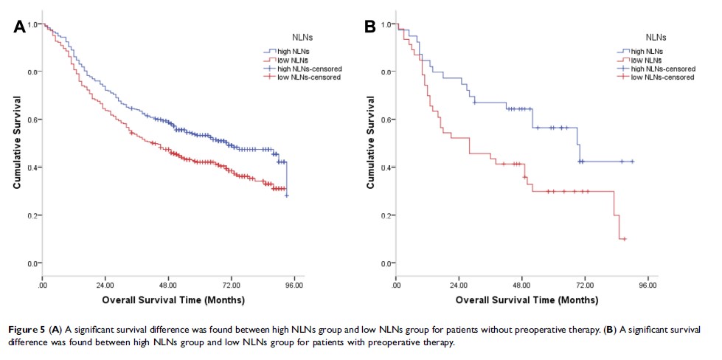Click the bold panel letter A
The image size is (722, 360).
[x=21, y=27]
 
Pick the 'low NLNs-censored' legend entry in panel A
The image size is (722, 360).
[x=305, y=77]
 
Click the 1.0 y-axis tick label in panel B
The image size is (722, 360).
[x=388, y=24]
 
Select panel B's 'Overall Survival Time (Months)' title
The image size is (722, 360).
[x=527, y=300]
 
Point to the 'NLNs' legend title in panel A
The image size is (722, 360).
[x=302, y=35]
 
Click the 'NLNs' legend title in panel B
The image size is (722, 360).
[x=656, y=35]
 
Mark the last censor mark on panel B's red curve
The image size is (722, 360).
[x=624, y=239]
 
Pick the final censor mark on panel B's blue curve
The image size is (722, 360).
[x=632, y=162]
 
